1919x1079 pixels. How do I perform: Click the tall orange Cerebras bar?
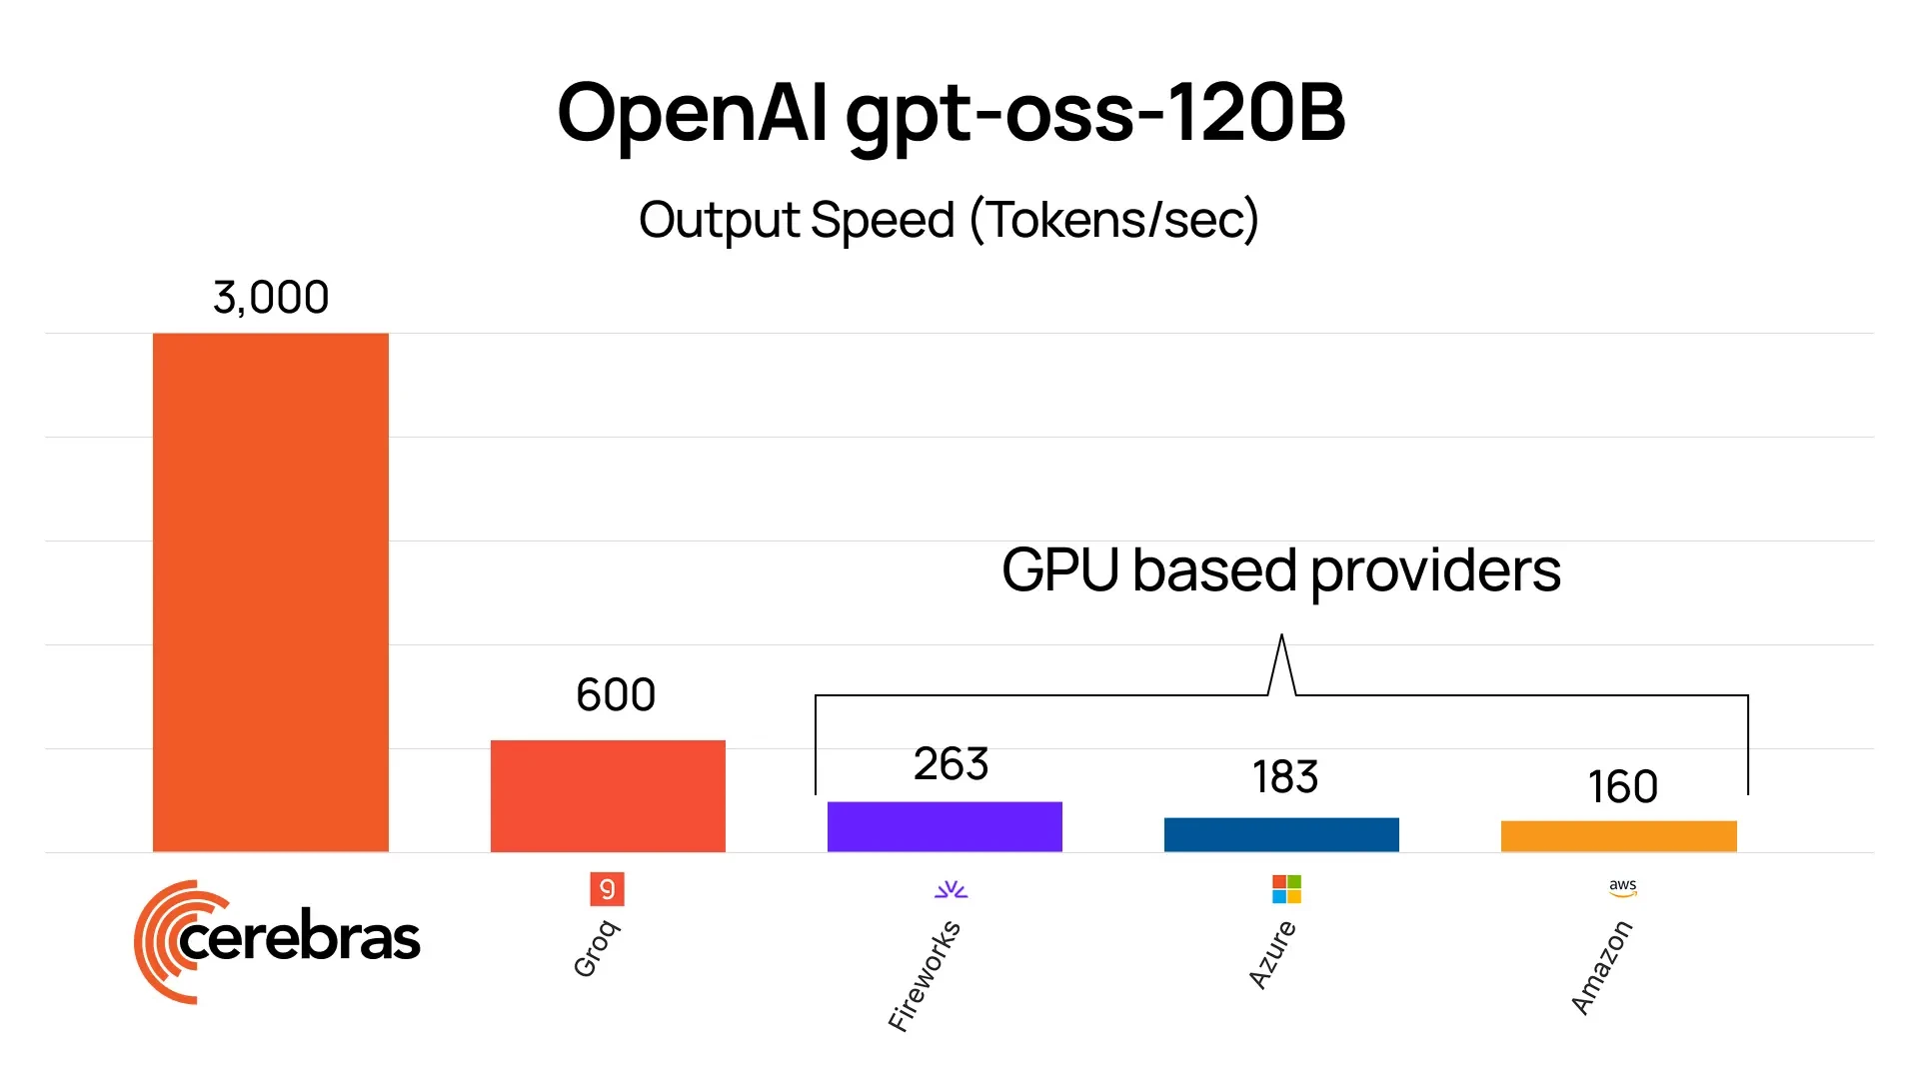pos(270,591)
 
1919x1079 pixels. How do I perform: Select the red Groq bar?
pos(608,795)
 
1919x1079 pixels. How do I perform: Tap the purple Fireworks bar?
pos(945,826)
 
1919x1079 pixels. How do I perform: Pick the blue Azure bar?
pos(1281,834)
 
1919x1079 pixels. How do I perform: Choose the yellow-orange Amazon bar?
pos(1618,836)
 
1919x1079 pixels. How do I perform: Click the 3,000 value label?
pos(271,298)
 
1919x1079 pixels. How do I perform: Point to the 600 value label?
pos(616,695)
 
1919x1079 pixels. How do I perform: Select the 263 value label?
pos(951,764)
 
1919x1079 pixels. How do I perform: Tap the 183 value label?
pos(1285,777)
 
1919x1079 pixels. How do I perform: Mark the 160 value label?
pos(1623,787)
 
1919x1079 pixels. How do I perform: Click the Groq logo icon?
pos(607,888)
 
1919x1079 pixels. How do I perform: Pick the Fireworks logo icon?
pos(951,889)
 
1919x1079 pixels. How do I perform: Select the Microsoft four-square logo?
pos(1286,888)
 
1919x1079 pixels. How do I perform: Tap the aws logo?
pos(1623,887)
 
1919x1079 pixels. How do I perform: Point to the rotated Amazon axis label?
pos(1601,967)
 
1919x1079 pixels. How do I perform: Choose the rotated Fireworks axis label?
pos(925,976)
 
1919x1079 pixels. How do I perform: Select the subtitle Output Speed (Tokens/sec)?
pos(949,220)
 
